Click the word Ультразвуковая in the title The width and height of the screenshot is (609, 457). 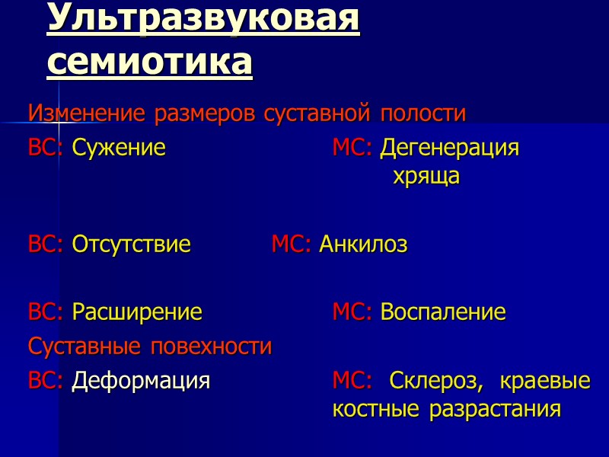(202, 21)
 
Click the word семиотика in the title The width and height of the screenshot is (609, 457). (149, 62)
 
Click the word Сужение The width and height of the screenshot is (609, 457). (119, 148)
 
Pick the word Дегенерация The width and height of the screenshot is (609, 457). (450, 148)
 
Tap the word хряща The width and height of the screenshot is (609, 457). (426, 177)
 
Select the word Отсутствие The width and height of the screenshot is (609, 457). (131, 244)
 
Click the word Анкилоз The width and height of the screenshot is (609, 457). (363, 244)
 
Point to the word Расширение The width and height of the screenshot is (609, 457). (137, 312)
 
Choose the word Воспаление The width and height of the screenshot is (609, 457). (443, 312)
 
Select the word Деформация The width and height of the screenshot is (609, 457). (141, 380)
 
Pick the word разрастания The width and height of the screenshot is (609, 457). (495, 410)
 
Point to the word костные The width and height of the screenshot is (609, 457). (375, 410)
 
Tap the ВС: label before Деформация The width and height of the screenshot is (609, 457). (46, 380)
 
